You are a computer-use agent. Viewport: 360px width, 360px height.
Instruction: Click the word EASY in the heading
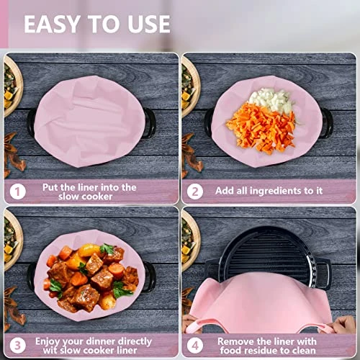[x=52, y=24]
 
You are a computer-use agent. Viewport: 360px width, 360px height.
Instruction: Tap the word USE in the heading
[x=149, y=24]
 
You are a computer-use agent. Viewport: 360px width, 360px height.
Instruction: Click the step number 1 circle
[x=18, y=192]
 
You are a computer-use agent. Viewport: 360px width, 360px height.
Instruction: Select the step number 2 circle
[x=195, y=192]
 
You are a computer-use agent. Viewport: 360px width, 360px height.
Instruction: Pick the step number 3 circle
[x=18, y=346]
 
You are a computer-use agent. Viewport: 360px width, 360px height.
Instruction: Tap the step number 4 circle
[x=195, y=346]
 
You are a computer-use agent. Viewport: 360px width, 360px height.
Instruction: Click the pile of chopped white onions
[x=271, y=100]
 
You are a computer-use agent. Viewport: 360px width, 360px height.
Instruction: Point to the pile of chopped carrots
[x=261, y=128]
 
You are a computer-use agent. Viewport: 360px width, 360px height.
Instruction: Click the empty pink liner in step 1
[x=89, y=121]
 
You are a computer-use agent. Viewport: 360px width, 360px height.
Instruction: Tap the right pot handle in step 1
[x=150, y=123]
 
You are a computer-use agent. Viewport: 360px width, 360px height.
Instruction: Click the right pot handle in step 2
[x=328, y=123]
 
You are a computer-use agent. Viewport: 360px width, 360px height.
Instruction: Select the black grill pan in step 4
[x=269, y=254]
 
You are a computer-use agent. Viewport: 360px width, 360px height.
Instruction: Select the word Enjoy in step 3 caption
[x=47, y=342]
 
